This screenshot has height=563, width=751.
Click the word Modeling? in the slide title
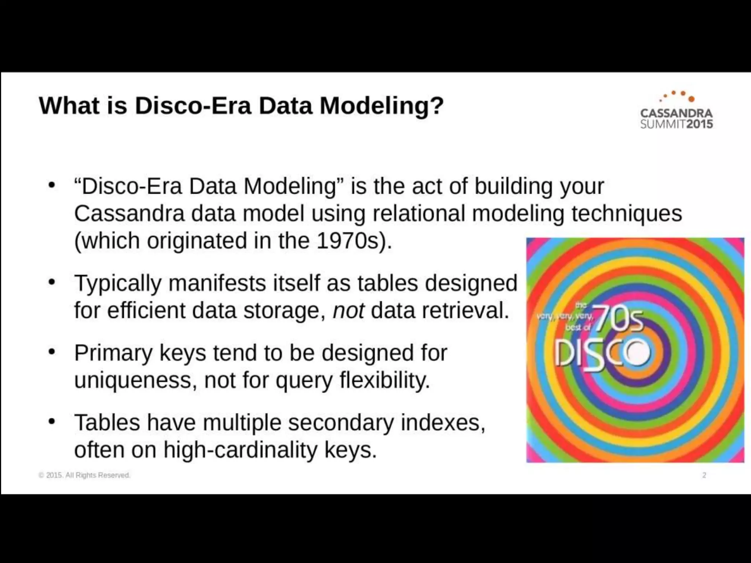[381, 106]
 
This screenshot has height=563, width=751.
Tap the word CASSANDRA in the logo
[677, 113]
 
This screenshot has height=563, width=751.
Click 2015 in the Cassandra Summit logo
[700, 124]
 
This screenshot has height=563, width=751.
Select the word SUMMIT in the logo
[663, 124]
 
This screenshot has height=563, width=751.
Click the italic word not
[348, 311]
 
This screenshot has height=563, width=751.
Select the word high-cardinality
[240, 450]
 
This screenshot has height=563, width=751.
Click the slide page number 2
[704, 475]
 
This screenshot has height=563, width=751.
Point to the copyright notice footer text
[84, 475]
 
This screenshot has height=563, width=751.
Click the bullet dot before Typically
[52, 282]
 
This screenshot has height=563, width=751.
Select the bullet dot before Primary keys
[52, 352]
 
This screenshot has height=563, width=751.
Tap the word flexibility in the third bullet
[385, 380]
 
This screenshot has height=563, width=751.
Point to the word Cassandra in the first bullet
[129, 213]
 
